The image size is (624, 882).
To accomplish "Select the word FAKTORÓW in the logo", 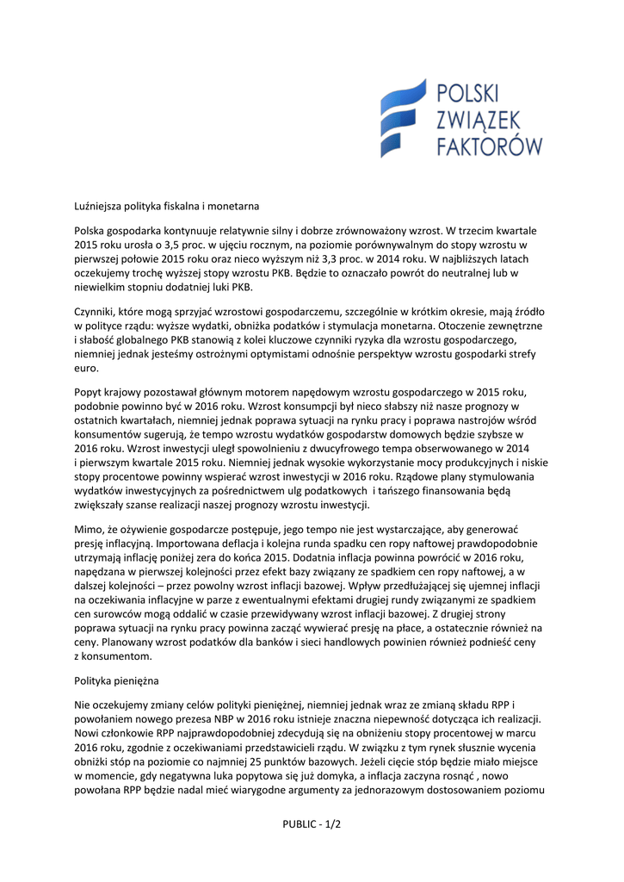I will coord(490,144).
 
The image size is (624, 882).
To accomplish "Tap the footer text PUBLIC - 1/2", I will coord(312,824).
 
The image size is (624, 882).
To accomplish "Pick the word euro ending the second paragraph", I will coord(87,369).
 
